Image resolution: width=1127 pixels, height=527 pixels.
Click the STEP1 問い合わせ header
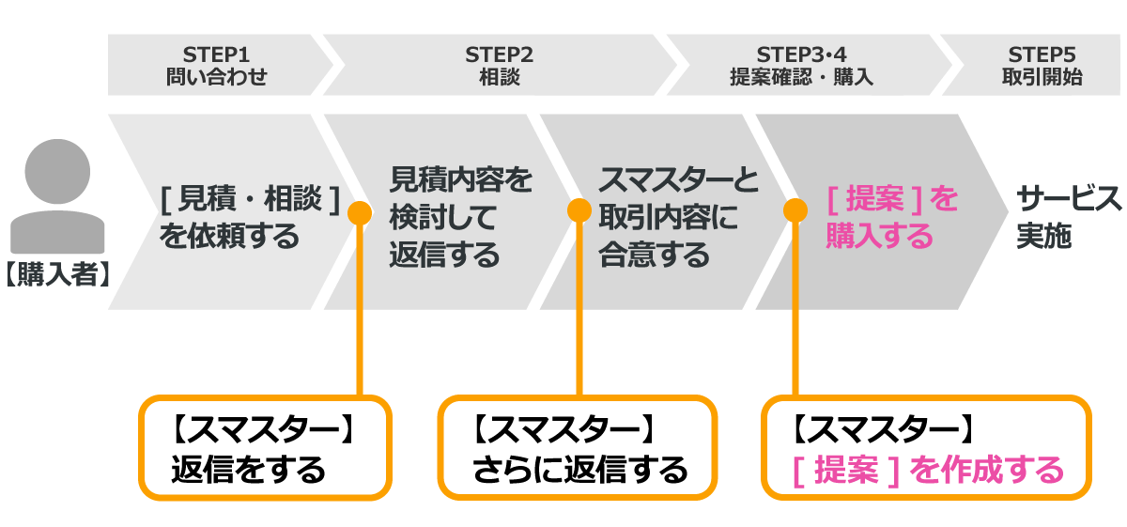(216, 65)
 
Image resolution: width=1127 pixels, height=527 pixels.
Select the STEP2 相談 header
(499, 65)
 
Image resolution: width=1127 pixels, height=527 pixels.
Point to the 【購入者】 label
(57, 274)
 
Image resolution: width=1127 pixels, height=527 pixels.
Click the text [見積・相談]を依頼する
(248, 216)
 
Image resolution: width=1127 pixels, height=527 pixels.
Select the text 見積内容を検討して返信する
(460, 216)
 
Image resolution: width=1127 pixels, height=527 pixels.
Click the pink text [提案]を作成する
(927, 470)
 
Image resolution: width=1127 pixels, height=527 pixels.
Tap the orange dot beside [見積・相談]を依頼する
(360, 212)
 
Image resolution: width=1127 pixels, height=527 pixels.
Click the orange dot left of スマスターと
(579, 209)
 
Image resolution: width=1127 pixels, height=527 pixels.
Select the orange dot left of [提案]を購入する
(795, 209)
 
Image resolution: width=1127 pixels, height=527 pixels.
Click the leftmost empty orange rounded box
(265, 447)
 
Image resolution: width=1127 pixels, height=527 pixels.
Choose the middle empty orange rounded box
(577, 447)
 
